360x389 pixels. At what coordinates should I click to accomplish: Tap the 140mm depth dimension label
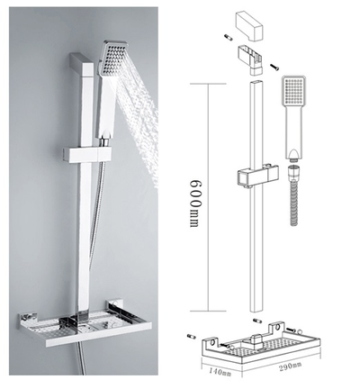[x=220, y=372]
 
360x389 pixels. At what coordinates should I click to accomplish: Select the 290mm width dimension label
[x=291, y=366]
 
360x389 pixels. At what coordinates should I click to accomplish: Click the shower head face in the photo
[x=112, y=58]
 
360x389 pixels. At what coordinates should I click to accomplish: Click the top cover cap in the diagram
[x=249, y=27]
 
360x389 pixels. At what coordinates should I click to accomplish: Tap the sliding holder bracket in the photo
[x=87, y=155]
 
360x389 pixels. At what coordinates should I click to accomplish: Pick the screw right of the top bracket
[x=274, y=67]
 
